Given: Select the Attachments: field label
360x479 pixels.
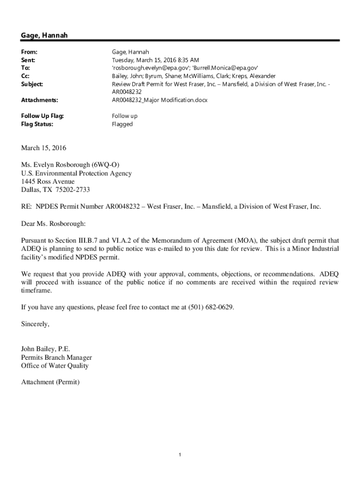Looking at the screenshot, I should (40, 100).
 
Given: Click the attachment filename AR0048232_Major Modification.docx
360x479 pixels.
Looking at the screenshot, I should (159, 100).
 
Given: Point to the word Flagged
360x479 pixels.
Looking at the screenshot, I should (122, 124).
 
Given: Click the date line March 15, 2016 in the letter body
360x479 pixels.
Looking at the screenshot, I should (44, 148).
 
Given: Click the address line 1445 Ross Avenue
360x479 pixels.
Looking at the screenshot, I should (48, 181).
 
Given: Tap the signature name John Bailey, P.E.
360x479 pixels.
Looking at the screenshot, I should (46, 349).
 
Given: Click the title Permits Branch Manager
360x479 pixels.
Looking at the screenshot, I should (57, 357).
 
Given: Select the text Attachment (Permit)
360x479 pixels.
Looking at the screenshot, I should (50, 382).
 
